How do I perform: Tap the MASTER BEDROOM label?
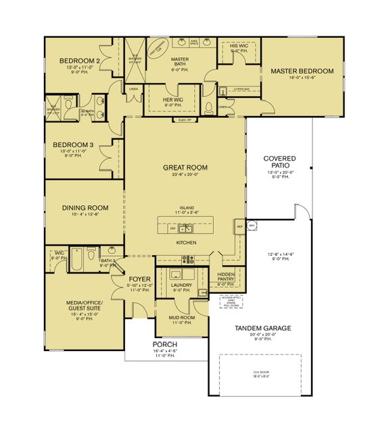[x=302, y=71]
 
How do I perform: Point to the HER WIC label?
[x=173, y=101]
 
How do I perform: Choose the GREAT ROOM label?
[x=185, y=167]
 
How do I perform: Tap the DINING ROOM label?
[x=85, y=209]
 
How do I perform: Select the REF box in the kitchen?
[x=239, y=227]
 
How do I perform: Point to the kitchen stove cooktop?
[x=187, y=259]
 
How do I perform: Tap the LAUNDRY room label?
[x=182, y=285]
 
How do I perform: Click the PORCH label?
[x=166, y=344]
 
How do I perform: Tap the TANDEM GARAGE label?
[x=263, y=328]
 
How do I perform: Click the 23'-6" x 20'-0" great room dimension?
[x=185, y=175]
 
